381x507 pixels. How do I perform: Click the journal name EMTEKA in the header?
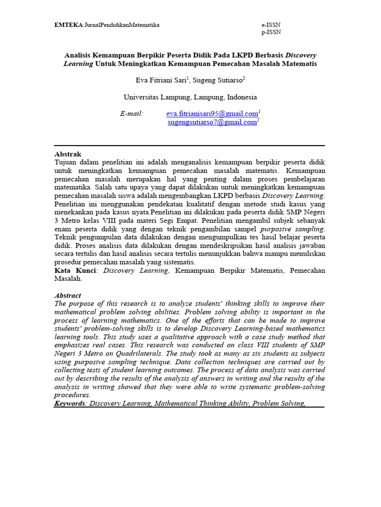tap(68, 25)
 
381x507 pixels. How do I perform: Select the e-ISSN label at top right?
tap(271, 25)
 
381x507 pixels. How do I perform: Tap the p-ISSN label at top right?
tap(271, 32)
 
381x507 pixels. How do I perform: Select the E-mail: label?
tap(131, 114)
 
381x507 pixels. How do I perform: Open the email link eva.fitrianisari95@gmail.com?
tap(212, 114)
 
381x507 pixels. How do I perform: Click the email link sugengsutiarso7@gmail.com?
tap(213, 122)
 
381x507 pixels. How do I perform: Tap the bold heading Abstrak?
tap(67, 154)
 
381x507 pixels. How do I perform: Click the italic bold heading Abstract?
tap(67, 296)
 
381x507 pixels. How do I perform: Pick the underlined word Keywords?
tap(69, 404)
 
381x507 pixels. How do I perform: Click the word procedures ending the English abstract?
tap(72, 395)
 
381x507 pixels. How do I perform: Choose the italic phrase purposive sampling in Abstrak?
tap(292, 229)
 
